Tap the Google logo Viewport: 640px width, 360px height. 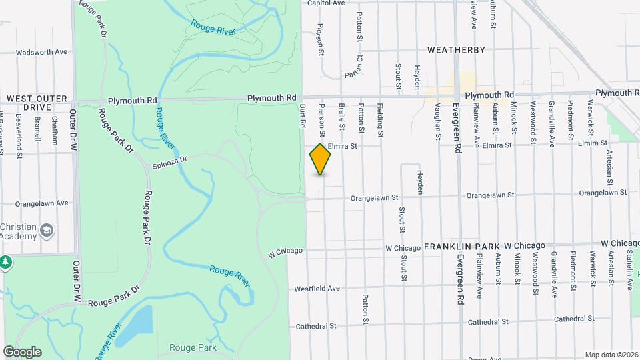click(x=21, y=351)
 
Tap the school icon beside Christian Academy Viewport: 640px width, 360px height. click(x=47, y=231)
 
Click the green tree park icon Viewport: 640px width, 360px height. click(x=6, y=261)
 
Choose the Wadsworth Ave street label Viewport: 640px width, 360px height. click(x=41, y=52)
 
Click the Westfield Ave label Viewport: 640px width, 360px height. click(x=317, y=289)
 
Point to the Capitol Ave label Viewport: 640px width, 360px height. click(x=325, y=3)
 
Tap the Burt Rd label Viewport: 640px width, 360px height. click(x=302, y=115)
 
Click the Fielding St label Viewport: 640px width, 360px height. click(x=380, y=119)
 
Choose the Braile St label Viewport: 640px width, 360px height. click(x=341, y=116)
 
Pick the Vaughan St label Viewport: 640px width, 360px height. click(x=438, y=125)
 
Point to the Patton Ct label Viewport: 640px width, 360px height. click(x=353, y=67)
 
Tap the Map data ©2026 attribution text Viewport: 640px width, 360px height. click(x=611, y=355)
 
